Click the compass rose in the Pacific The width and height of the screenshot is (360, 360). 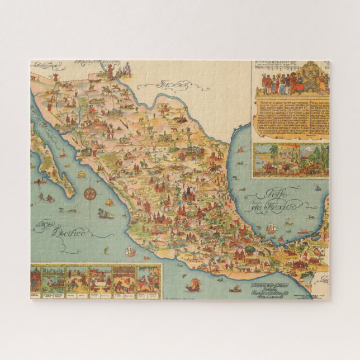89,194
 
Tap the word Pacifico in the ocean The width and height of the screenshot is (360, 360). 70,231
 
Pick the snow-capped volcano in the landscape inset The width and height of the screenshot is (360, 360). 306,151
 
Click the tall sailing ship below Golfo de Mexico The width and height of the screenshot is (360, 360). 271,228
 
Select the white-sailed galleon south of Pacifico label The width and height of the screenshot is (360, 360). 130,251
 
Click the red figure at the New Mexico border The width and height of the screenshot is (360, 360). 110,70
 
